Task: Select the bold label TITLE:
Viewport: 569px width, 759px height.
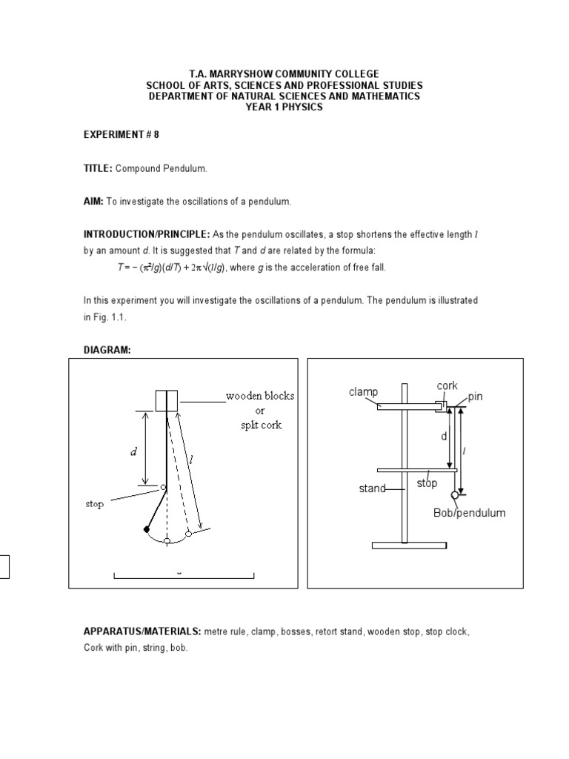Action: point(97,169)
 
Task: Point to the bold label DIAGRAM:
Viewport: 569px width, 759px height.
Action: point(107,349)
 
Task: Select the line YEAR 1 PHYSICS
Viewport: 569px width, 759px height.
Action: point(284,107)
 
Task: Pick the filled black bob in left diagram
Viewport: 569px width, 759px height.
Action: point(147,529)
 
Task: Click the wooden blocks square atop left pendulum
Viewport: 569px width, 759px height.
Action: point(167,401)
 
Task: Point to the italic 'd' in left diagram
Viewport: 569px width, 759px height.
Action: point(134,452)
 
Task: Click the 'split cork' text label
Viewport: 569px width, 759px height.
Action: point(259,425)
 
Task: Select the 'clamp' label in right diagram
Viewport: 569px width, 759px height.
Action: point(363,392)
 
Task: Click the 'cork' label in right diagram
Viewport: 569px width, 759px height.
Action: point(447,386)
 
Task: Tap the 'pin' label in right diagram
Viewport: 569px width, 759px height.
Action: point(474,397)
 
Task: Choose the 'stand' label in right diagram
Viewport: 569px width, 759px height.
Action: point(373,488)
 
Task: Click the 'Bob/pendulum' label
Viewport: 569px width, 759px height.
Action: point(469,513)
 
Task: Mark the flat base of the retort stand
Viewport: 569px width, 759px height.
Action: point(409,546)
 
